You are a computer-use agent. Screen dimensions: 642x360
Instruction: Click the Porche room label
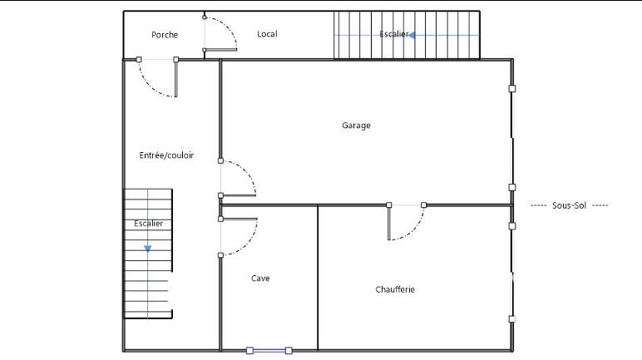[x=165, y=35]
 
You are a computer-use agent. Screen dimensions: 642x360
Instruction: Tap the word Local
[x=267, y=34]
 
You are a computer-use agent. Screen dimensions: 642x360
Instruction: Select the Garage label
[x=356, y=126]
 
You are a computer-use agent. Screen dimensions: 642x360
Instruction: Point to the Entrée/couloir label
[x=166, y=155]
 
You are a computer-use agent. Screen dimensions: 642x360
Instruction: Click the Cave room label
[x=260, y=278]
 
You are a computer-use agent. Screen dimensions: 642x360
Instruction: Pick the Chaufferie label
[x=395, y=289]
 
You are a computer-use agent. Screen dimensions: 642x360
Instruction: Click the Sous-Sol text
[x=569, y=205]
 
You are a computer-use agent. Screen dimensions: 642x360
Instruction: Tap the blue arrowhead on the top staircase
[x=412, y=35]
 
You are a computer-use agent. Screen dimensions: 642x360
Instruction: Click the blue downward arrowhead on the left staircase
[x=148, y=249]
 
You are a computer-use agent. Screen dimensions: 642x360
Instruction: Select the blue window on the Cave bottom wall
[x=269, y=351]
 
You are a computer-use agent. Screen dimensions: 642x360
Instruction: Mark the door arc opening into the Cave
[x=248, y=244]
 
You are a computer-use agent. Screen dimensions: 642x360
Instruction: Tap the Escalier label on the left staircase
[x=148, y=223]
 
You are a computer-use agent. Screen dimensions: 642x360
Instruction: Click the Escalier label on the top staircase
[x=394, y=34]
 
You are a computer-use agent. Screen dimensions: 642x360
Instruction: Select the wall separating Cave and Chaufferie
[x=318, y=278]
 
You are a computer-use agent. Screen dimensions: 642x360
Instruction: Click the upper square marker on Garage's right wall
[x=512, y=88]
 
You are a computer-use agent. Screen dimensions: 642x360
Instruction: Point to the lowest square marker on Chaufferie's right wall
[x=512, y=319]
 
